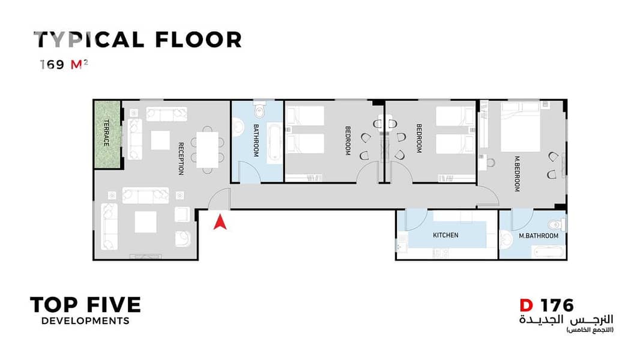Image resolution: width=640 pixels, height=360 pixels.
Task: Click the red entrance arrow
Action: click(x=220, y=222)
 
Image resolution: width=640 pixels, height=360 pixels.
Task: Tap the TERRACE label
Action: click(x=106, y=133)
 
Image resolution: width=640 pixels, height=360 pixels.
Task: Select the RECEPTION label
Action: click(x=181, y=158)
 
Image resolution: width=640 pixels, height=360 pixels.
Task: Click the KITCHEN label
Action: click(x=445, y=235)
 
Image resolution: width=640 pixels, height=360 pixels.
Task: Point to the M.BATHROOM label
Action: click(x=539, y=236)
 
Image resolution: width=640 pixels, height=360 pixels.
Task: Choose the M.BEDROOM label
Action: click(x=517, y=173)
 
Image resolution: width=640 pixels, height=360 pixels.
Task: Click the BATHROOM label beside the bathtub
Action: click(x=256, y=140)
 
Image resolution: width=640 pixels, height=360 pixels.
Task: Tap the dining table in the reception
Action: click(x=207, y=149)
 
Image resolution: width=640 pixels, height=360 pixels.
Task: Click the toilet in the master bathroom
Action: click(x=557, y=224)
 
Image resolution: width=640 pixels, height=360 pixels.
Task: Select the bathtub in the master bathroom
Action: click(x=549, y=252)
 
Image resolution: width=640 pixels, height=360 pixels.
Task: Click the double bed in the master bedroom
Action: click(x=521, y=127)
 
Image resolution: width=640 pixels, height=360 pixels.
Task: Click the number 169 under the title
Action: click(x=52, y=64)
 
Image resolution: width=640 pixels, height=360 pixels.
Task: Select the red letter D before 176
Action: click(x=526, y=305)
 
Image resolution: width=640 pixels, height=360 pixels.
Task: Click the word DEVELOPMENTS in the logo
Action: click(x=85, y=321)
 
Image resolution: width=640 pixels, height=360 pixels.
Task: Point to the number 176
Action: click(x=557, y=305)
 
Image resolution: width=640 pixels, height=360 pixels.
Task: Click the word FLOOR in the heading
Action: click(x=198, y=40)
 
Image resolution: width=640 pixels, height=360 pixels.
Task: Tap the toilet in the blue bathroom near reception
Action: click(x=259, y=109)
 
